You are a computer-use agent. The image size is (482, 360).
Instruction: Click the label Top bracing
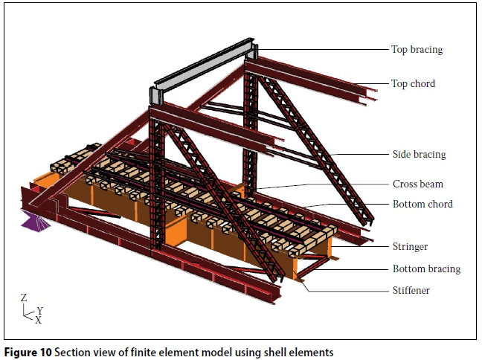pyautogui.click(x=417, y=50)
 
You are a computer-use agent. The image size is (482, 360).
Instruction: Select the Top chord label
pyautogui.click(x=413, y=83)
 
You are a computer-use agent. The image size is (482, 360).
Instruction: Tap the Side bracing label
pyautogui.click(x=419, y=155)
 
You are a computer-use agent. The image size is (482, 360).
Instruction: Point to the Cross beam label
pyautogui.click(x=417, y=184)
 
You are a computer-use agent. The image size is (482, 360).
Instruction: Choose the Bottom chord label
pyautogui.click(x=422, y=204)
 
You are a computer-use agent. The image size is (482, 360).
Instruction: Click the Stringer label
pyautogui.click(x=410, y=246)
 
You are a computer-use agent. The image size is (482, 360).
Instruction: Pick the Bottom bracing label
pyautogui.click(x=426, y=269)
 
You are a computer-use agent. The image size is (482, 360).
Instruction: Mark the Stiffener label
pyautogui.click(x=411, y=290)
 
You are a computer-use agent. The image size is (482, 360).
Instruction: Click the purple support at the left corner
pyautogui.click(x=33, y=220)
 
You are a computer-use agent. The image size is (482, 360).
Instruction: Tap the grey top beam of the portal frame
pyautogui.click(x=205, y=71)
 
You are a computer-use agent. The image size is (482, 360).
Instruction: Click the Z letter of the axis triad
pyautogui.click(x=24, y=298)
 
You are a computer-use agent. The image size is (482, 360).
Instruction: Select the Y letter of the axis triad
pyautogui.click(x=39, y=311)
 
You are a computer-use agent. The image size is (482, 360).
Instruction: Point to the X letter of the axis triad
pyautogui.click(x=38, y=321)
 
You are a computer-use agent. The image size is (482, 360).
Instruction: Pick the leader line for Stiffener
pyautogui.click(x=350, y=290)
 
